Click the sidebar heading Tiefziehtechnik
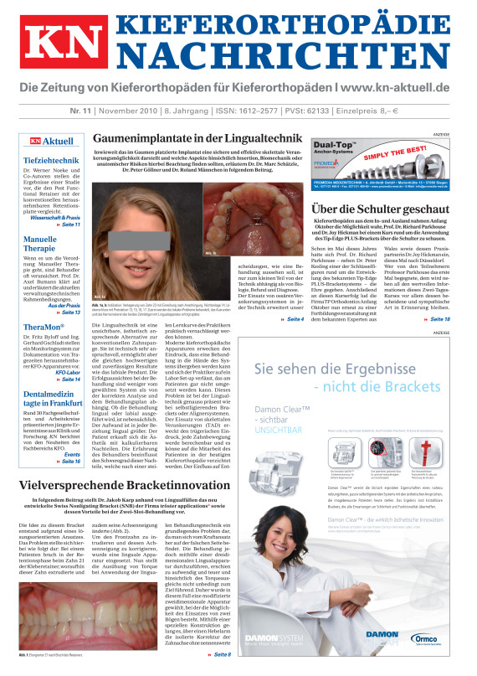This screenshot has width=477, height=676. pyautogui.click(x=51, y=159)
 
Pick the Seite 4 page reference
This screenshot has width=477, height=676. pyautogui.click(x=295, y=319)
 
